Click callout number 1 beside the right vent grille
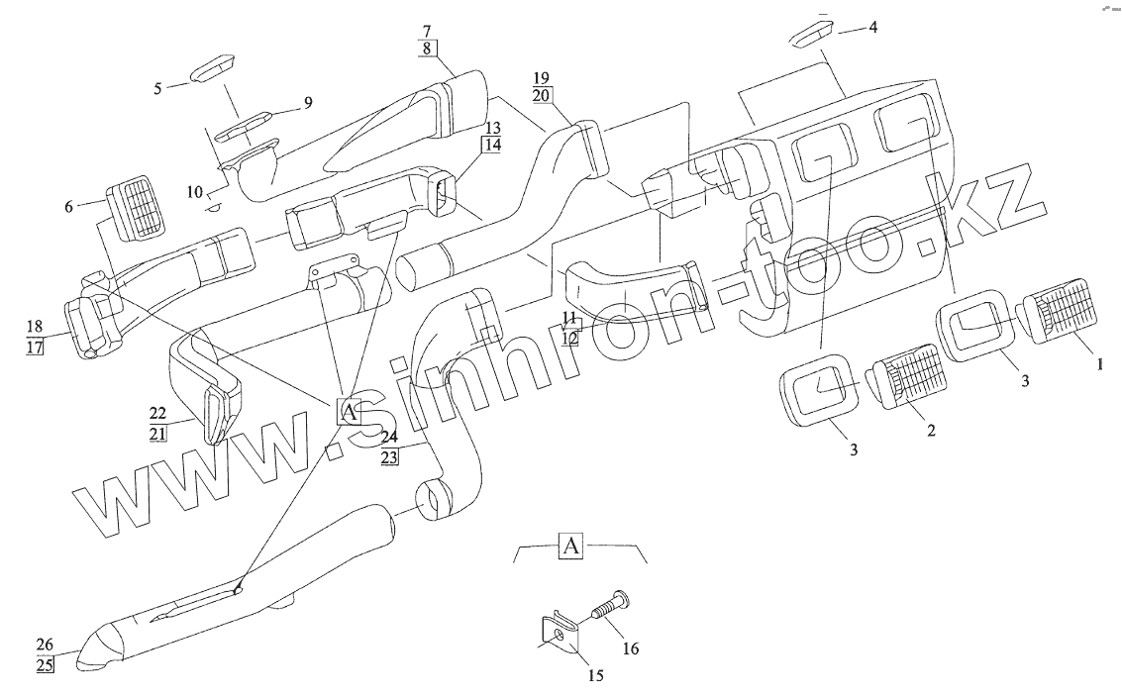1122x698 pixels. pos(1096,363)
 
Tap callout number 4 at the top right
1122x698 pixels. pos(872,28)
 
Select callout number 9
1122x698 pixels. pos(307,102)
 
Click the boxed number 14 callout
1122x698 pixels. pos(492,145)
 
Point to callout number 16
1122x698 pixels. pos(631,649)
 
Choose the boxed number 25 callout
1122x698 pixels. pos(45,664)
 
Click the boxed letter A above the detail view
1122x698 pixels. pos(572,546)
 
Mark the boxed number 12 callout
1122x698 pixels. pos(568,338)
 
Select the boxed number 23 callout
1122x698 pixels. pos(388,456)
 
